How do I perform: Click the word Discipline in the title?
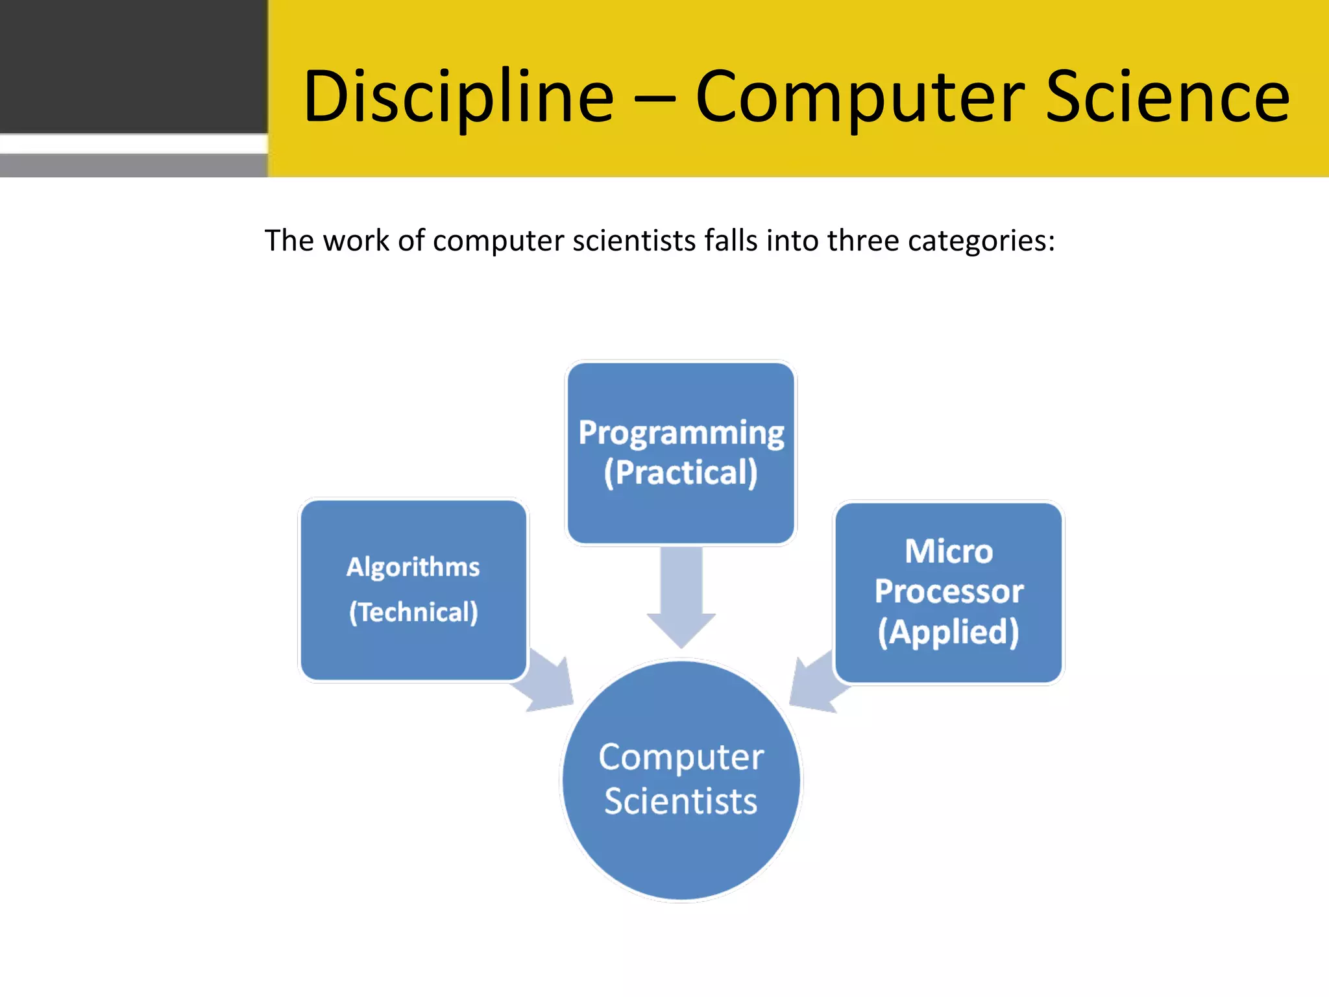[457, 97]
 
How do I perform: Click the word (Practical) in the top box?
[681, 473]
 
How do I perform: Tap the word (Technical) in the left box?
[413, 612]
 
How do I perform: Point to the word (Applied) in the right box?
[948, 632]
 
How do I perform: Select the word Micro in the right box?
[948, 552]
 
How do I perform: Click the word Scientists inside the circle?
[681, 801]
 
